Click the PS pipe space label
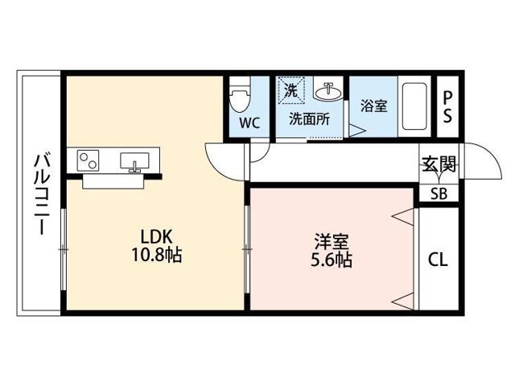447,106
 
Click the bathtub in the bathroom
416,106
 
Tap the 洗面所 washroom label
309,118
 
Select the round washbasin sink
328,93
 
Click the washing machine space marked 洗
291,90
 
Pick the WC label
249,124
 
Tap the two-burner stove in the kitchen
89,160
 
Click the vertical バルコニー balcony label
38,193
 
